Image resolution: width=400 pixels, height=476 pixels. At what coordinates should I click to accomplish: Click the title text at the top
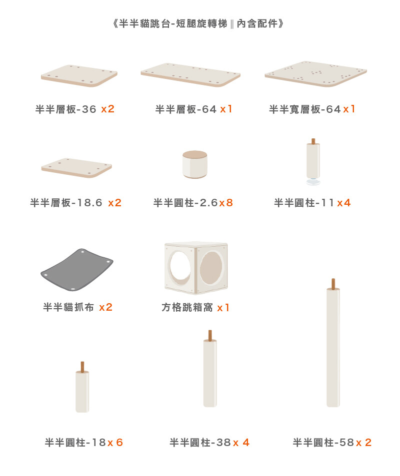pos(198,23)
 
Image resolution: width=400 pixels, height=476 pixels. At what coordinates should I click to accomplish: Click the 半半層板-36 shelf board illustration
pos(79,75)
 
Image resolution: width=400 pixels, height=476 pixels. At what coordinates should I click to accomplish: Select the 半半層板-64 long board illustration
pos(190,75)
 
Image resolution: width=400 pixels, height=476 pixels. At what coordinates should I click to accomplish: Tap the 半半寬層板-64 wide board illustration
pos(316,74)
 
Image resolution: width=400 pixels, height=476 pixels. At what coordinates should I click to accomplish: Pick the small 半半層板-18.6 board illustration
pos(76,168)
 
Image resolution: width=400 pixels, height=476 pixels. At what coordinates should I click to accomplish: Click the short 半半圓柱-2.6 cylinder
pos(195,164)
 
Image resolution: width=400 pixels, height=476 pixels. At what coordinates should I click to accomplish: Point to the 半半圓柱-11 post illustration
pos(313,162)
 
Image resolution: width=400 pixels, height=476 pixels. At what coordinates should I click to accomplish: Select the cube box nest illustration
pos(196,268)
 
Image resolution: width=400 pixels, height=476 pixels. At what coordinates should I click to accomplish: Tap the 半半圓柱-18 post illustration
pos(82,387)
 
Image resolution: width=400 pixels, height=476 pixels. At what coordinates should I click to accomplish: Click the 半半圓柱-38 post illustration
pos(210,369)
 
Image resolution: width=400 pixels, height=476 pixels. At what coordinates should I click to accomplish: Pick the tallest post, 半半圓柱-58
pos(333,343)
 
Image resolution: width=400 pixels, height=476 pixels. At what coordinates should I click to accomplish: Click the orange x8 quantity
pos(226,202)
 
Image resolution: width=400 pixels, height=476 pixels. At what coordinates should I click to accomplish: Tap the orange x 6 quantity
pos(115,443)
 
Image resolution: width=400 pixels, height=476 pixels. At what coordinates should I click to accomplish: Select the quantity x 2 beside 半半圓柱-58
pos(364,443)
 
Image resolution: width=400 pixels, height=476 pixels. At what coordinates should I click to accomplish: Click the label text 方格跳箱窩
pos(187,307)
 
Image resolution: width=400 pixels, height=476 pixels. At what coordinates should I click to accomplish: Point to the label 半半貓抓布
pos(68,307)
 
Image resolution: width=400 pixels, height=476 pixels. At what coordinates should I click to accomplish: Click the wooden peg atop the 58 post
pos(333,284)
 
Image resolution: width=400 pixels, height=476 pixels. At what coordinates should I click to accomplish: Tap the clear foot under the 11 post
pos(313,182)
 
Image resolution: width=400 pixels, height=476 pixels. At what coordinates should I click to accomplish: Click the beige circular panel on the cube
pos(211,268)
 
